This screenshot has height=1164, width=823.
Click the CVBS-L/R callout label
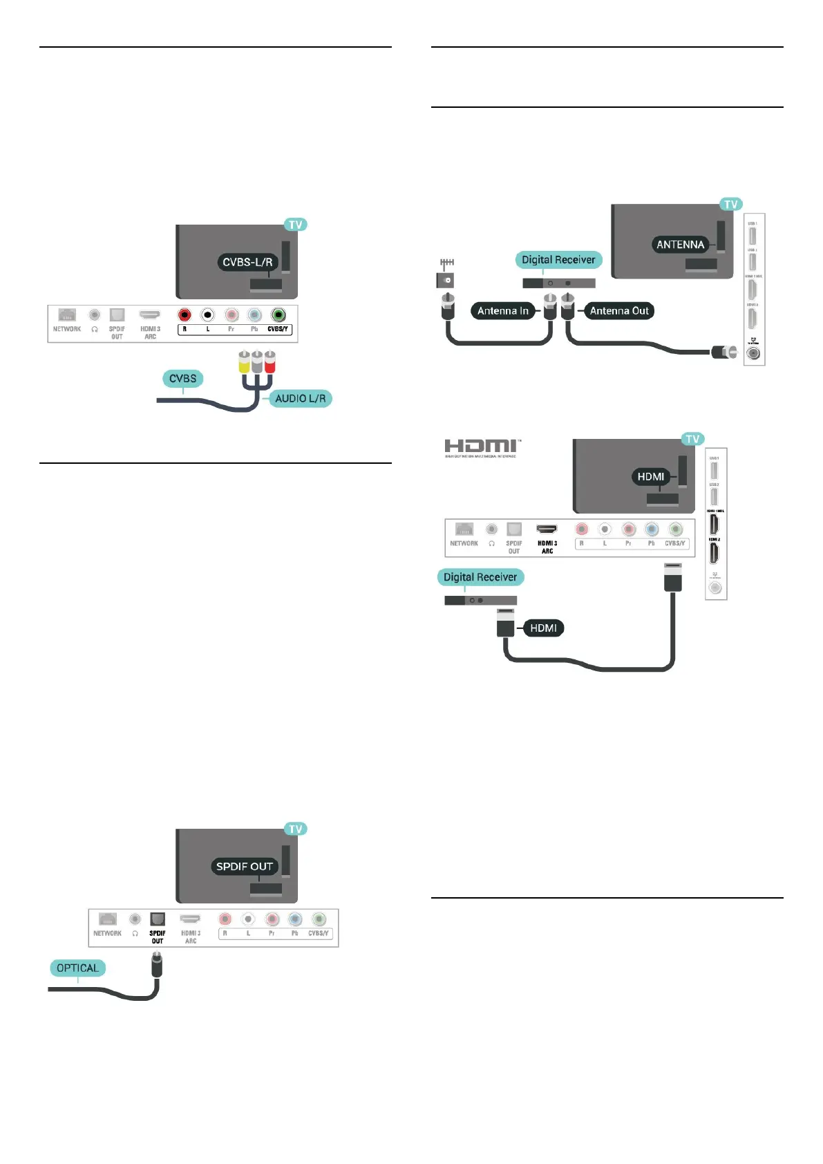click(x=247, y=263)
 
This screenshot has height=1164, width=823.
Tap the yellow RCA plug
click(x=244, y=362)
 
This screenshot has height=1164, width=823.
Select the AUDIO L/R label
click(x=300, y=399)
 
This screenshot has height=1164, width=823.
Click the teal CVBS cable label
click(x=182, y=379)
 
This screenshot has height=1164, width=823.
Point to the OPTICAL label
click(x=77, y=968)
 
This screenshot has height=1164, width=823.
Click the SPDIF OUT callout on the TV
click(x=244, y=867)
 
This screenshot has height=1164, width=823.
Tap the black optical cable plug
click(x=157, y=964)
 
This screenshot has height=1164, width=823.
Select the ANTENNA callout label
click(x=680, y=245)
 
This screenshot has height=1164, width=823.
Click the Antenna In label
click(x=502, y=311)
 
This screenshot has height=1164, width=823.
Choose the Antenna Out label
click(x=619, y=311)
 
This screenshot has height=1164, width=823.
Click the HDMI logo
click(x=482, y=448)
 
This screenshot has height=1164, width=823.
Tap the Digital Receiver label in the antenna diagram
click(x=558, y=260)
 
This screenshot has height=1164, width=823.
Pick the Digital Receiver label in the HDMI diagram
click(x=480, y=577)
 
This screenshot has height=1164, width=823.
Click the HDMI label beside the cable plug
click(x=543, y=628)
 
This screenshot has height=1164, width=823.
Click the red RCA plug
click(x=269, y=362)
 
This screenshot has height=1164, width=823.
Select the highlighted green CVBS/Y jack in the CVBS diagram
click(x=278, y=315)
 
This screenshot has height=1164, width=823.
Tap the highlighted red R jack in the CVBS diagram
click(x=185, y=315)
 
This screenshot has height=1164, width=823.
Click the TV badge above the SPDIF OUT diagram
click(x=296, y=829)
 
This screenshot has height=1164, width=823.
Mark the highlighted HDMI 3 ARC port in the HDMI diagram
click(x=547, y=529)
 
